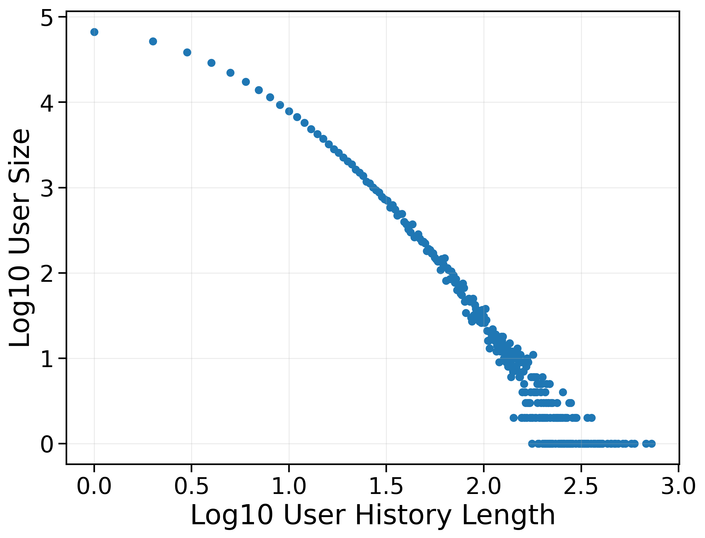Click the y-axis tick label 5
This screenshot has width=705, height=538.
(x=47, y=18)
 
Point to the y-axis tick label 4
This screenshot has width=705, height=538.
(x=47, y=103)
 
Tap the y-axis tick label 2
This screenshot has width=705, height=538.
(x=47, y=274)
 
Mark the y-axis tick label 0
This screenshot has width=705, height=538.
(x=47, y=444)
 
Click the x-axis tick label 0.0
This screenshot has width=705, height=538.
(x=94, y=487)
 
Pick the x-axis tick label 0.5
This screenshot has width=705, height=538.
(x=191, y=487)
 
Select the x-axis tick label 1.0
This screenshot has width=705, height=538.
(x=289, y=487)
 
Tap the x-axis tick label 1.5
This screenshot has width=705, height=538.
(x=386, y=487)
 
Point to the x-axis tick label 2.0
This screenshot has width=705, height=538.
(x=484, y=487)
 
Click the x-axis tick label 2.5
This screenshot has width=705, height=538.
(x=581, y=487)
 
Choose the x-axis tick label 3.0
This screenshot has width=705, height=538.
(x=678, y=487)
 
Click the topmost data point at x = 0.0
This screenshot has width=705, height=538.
(x=94, y=32)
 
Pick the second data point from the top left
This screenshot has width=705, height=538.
(x=153, y=41)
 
